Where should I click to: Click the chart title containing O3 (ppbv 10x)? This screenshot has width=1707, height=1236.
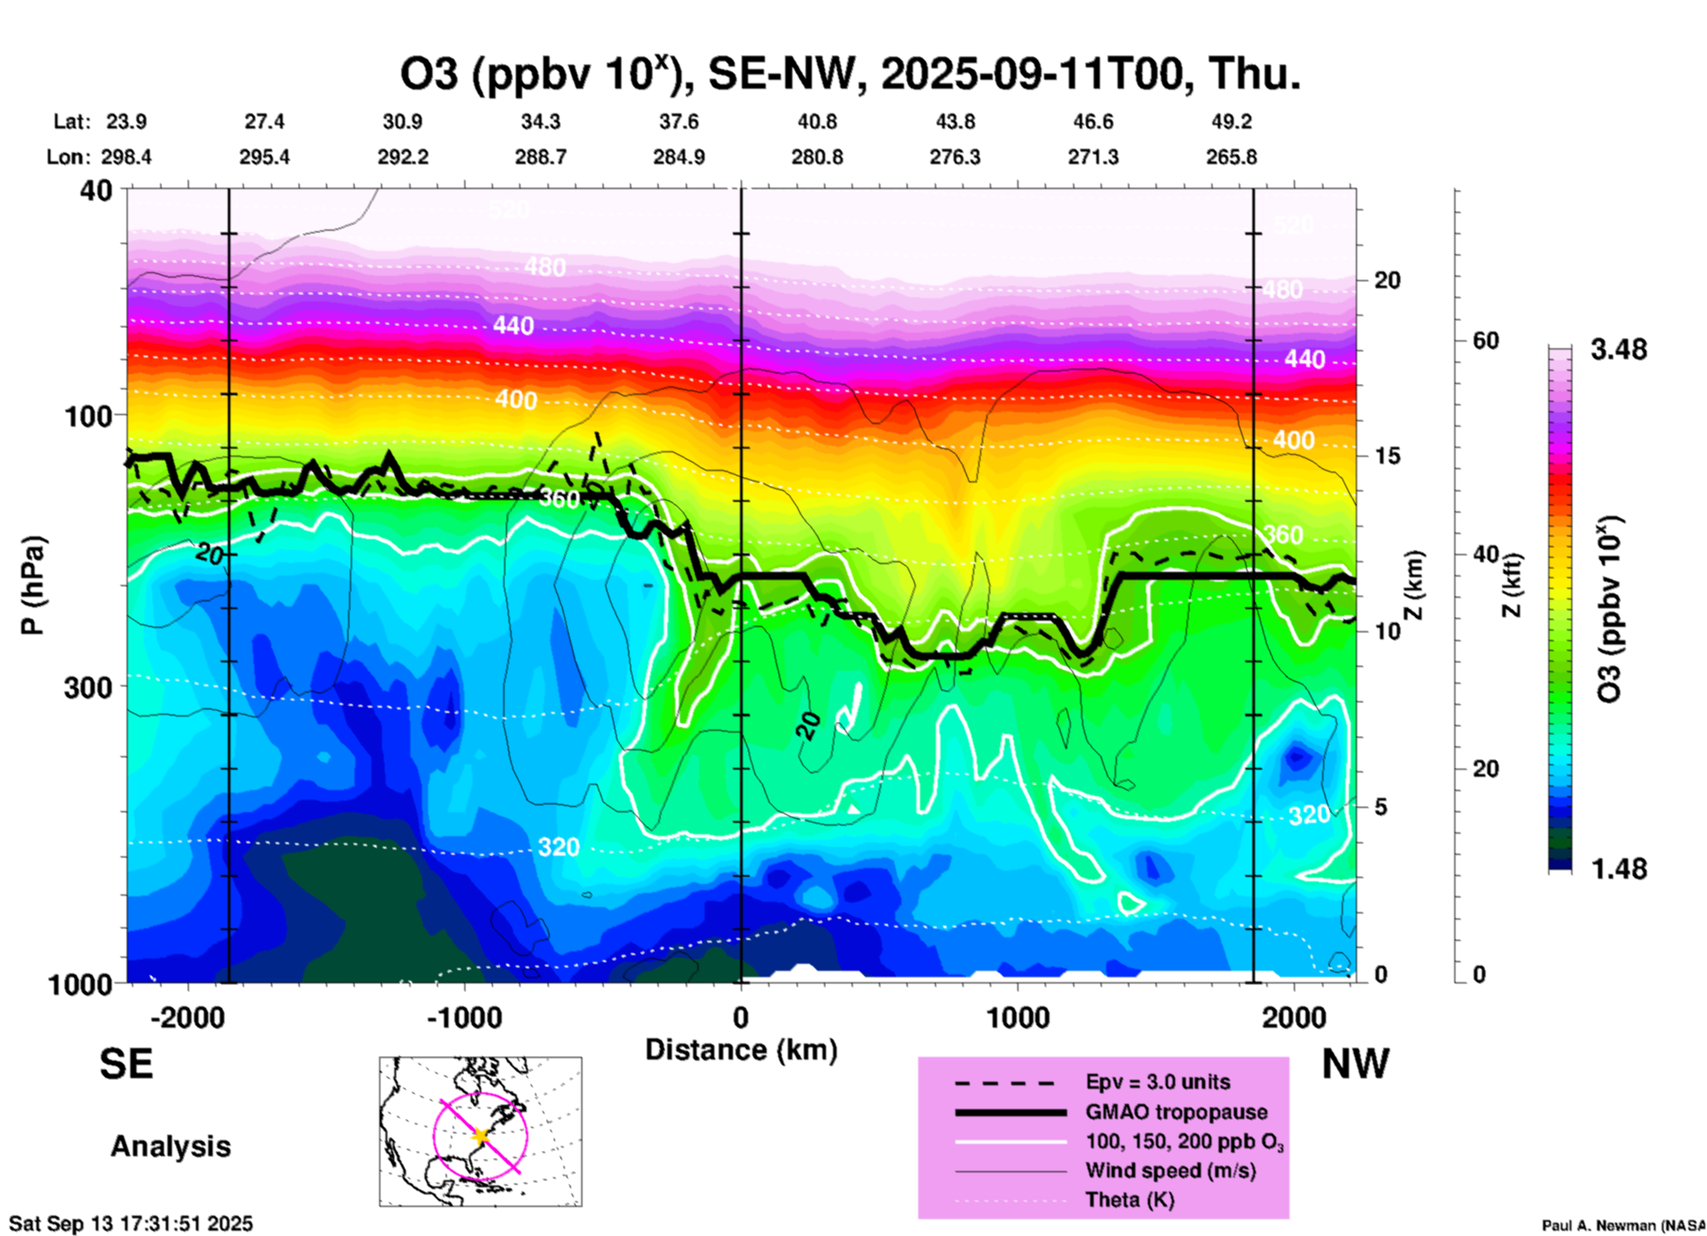[x=850, y=74]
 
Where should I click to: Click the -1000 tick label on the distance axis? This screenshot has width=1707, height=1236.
[x=464, y=1018]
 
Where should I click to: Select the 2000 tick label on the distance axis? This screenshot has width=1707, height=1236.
[x=1294, y=1018]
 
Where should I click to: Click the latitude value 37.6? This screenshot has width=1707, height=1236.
[x=679, y=122]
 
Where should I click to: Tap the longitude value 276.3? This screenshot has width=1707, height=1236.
[x=955, y=158]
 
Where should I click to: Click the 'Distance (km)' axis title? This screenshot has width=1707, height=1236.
[x=741, y=1050]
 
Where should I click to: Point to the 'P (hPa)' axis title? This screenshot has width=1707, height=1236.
[x=33, y=585]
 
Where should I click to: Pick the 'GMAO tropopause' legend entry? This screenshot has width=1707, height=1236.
[x=1176, y=1112]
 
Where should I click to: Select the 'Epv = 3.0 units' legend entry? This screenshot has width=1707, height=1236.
[x=1157, y=1083]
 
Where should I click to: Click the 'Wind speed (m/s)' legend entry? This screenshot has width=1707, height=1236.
[x=1170, y=1171]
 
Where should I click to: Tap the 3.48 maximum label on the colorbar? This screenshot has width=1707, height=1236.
[x=1618, y=350]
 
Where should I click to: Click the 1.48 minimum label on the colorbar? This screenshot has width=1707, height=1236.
[x=1618, y=869]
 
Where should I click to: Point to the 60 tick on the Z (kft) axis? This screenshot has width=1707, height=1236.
[x=1485, y=340]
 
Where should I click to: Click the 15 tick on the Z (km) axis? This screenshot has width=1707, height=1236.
[x=1388, y=456]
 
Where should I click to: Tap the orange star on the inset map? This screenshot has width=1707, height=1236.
[x=480, y=1136]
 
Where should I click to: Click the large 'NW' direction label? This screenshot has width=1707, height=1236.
[x=1355, y=1064]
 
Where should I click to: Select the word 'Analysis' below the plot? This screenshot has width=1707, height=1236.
[x=170, y=1146]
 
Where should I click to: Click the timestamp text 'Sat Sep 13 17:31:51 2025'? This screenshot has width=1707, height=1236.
[x=131, y=1224]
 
